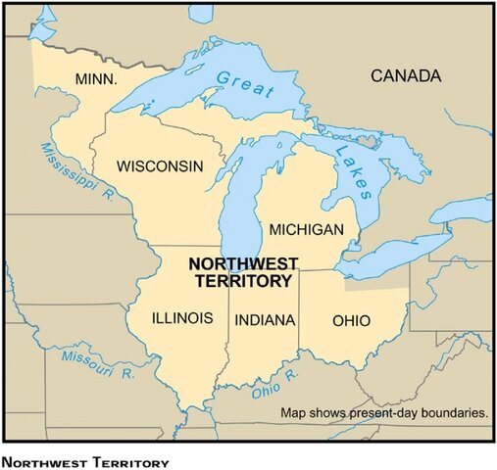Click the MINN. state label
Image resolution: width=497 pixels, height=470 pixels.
pyautogui.click(x=95, y=77)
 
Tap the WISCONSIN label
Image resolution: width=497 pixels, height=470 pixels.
pyautogui.click(x=160, y=166)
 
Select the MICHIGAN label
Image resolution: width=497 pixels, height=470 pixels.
pyautogui.click(x=306, y=230)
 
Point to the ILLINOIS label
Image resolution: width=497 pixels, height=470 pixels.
pyautogui.click(x=182, y=318)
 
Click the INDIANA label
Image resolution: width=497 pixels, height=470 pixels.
pyautogui.click(x=265, y=319)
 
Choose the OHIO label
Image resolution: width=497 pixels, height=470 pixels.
pyautogui.click(x=352, y=319)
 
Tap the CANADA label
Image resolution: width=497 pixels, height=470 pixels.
pyautogui.click(x=404, y=75)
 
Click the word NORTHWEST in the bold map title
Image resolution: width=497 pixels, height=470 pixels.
pyautogui.click(x=242, y=263)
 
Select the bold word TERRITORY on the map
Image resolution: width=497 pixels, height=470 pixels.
pyautogui.click(x=242, y=281)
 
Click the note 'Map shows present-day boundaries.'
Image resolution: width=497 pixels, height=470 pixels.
pyautogui.click(x=384, y=413)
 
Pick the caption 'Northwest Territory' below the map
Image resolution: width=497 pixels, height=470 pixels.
pyautogui.click(x=86, y=460)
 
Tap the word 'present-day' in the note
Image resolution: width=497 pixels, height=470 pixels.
pyautogui.click(x=387, y=413)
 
